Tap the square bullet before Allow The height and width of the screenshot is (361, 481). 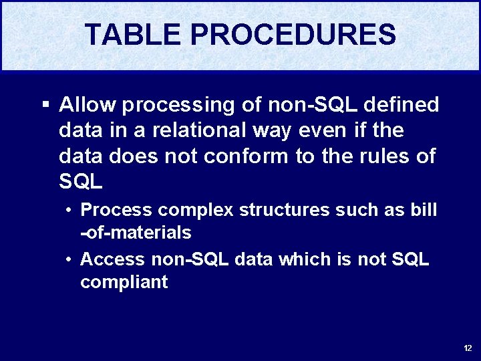click(x=45, y=105)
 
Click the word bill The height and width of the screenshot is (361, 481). click(x=424, y=210)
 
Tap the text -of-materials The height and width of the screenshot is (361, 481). click(x=136, y=233)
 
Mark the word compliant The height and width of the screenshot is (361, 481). click(x=124, y=282)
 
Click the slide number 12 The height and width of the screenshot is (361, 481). click(x=467, y=348)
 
